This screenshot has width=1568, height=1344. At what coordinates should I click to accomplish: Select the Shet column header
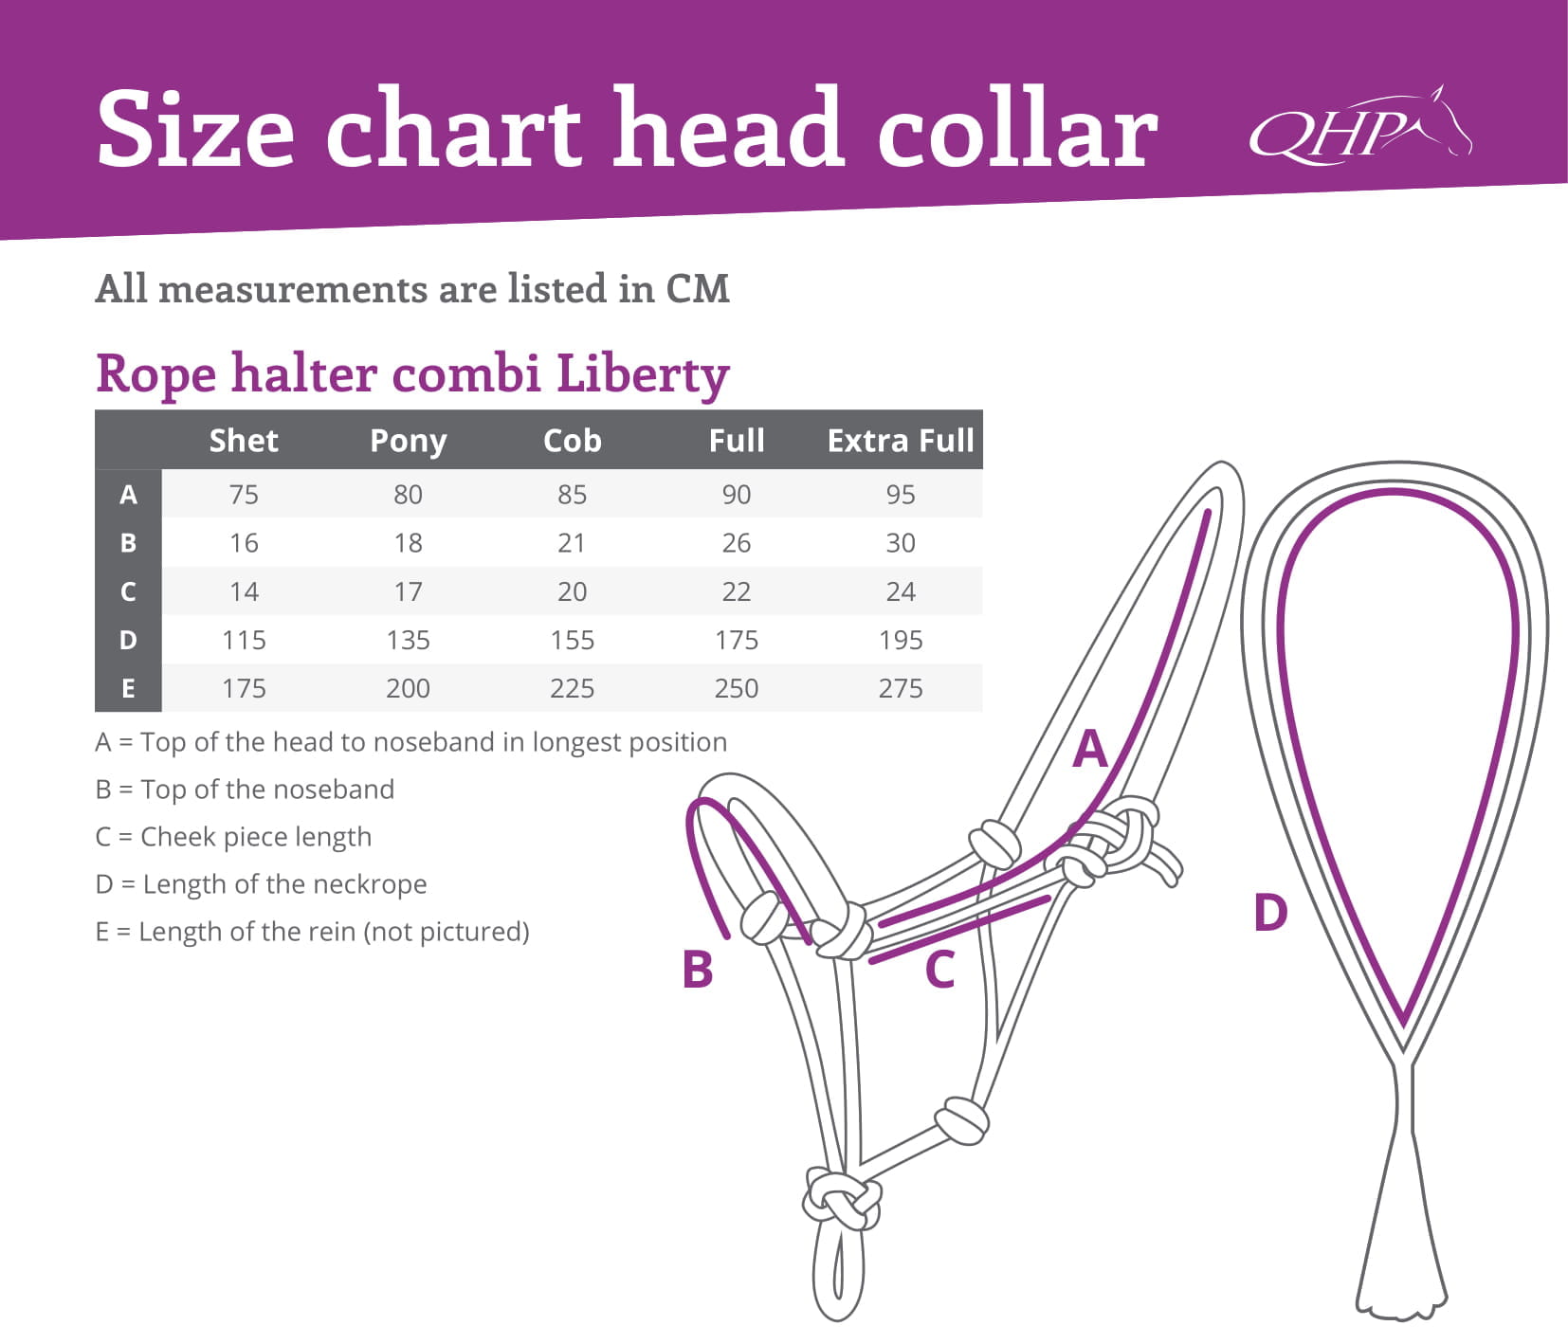pos(244,441)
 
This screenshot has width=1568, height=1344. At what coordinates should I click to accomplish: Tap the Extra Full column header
pos(901,441)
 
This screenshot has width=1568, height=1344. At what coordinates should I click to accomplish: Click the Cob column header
pos(572,441)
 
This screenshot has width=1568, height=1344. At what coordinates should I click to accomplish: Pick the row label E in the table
pos(128,688)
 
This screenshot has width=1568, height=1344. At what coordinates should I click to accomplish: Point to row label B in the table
pos(128,543)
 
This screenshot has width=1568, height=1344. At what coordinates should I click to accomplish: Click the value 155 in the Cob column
pos(572,640)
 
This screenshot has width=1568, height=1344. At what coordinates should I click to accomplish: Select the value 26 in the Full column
pos(737,543)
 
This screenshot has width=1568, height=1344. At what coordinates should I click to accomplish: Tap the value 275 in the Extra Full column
pos(901,688)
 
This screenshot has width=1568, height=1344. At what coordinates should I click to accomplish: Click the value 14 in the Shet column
pos(244,591)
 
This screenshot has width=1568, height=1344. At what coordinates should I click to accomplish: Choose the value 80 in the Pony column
pos(408,495)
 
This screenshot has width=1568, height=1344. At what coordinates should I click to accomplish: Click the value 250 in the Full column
pos(737,688)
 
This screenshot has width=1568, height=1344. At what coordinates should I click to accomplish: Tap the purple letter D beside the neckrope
pos(1270,913)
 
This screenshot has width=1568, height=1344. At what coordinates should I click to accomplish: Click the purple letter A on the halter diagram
pos(1090,749)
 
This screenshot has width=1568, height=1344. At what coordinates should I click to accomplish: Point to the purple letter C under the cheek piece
pos(939,970)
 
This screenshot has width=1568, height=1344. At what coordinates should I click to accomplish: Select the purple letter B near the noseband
pos(698,970)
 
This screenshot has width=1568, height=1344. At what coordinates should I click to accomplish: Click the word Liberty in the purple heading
pos(643,373)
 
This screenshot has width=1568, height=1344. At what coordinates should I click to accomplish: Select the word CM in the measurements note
pos(698,289)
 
